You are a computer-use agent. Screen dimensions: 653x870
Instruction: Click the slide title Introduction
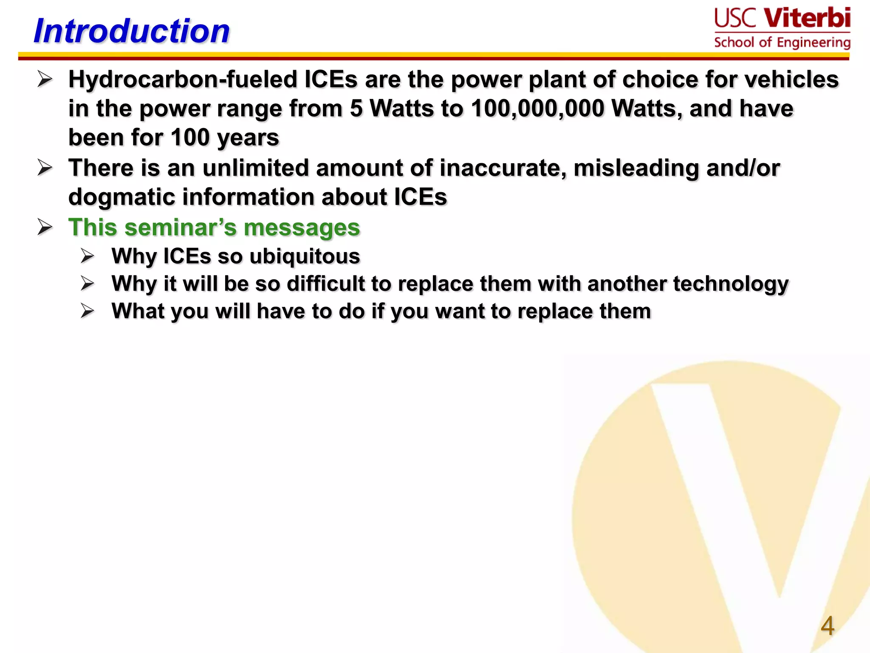tap(132, 31)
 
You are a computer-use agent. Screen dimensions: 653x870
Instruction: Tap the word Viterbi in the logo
tap(807, 18)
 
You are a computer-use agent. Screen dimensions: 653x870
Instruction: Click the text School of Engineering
tap(782, 43)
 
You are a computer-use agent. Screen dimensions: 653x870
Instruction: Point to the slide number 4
tap(827, 626)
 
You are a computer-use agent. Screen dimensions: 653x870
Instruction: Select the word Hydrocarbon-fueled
tap(183, 79)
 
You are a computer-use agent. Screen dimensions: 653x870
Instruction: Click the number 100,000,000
tap(537, 108)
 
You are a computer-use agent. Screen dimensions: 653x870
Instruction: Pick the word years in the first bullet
tap(248, 138)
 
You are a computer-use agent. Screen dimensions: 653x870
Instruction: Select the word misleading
tap(636, 168)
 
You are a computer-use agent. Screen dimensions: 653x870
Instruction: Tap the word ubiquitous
tap(305, 256)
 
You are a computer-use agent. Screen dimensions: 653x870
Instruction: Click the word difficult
tap(325, 284)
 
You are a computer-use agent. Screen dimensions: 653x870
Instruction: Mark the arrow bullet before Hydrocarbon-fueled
tap(45, 79)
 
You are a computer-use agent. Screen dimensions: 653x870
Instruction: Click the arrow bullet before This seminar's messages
tap(45, 227)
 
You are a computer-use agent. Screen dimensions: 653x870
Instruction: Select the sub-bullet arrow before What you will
tap(88, 311)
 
